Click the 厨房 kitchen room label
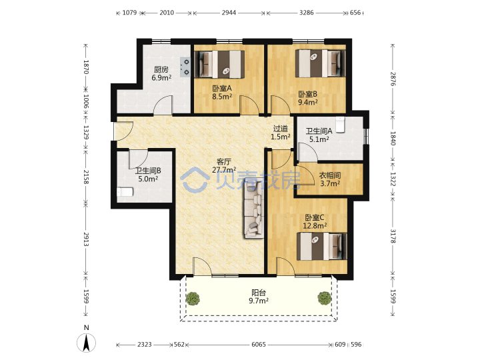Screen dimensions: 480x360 (x=161, y=70)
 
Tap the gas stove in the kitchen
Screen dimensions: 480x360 (x=185, y=67)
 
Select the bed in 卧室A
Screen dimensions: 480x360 (x=219, y=64)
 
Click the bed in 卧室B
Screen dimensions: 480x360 (x=320, y=64)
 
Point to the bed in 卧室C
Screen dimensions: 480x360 (x=321, y=247)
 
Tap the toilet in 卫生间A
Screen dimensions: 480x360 (x=340, y=125)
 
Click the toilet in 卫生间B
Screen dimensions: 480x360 (x=125, y=192)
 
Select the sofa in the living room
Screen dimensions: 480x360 (x=254, y=210)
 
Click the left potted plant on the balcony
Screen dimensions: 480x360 (x=193, y=299)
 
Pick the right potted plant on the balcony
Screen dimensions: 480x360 (x=325, y=298)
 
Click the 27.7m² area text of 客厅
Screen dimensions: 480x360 (x=224, y=169)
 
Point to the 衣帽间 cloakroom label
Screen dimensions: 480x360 (x=330, y=175)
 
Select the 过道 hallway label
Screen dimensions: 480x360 (x=281, y=129)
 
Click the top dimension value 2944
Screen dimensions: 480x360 (x=229, y=13)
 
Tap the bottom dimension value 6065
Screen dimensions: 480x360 (x=259, y=345)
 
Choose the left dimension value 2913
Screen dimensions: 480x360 (x=86, y=239)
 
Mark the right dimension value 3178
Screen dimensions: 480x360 (x=393, y=236)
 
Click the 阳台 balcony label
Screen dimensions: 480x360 (x=259, y=293)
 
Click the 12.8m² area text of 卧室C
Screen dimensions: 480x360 (x=315, y=226)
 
